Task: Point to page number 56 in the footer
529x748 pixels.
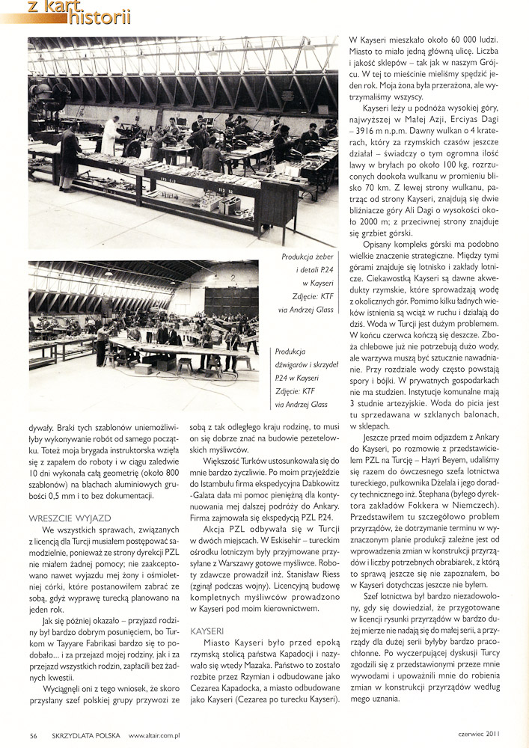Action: click(34, 734)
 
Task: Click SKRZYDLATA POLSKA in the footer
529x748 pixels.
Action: click(82, 734)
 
